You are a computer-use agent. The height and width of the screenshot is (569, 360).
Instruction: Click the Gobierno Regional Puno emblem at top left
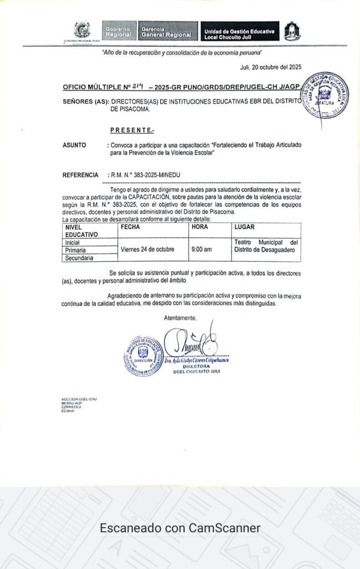tap(82, 31)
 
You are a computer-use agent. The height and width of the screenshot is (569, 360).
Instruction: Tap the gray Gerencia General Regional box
tap(169, 31)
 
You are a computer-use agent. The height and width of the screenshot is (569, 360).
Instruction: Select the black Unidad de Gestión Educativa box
tap(239, 32)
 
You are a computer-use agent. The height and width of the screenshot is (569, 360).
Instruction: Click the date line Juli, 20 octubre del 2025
tap(271, 67)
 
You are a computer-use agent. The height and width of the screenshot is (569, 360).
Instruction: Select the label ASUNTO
tap(74, 145)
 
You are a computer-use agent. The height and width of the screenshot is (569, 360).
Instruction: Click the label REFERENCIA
tap(81, 175)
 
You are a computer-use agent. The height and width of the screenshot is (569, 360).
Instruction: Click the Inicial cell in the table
tap(73, 242)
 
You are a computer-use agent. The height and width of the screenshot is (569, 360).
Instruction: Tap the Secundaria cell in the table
tap(79, 258)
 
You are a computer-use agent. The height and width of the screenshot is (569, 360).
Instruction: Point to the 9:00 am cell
tap(201, 249)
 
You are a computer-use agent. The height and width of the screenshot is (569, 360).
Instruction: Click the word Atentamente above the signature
tap(180, 317)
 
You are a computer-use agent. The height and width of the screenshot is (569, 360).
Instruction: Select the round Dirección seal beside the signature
tap(143, 356)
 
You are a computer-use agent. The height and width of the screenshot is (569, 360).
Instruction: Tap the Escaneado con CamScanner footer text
tap(180, 528)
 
